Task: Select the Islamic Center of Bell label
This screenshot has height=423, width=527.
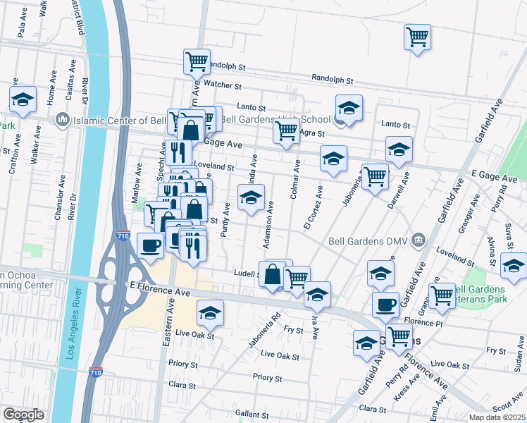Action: [120, 121]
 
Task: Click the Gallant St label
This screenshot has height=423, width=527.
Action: [254, 414]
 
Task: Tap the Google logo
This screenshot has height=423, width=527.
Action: [23, 415]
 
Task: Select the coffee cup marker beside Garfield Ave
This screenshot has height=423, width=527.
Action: [385, 305]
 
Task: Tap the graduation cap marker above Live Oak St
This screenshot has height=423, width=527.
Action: [210, 312]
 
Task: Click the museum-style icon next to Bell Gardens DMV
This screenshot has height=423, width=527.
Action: [418, 239]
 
